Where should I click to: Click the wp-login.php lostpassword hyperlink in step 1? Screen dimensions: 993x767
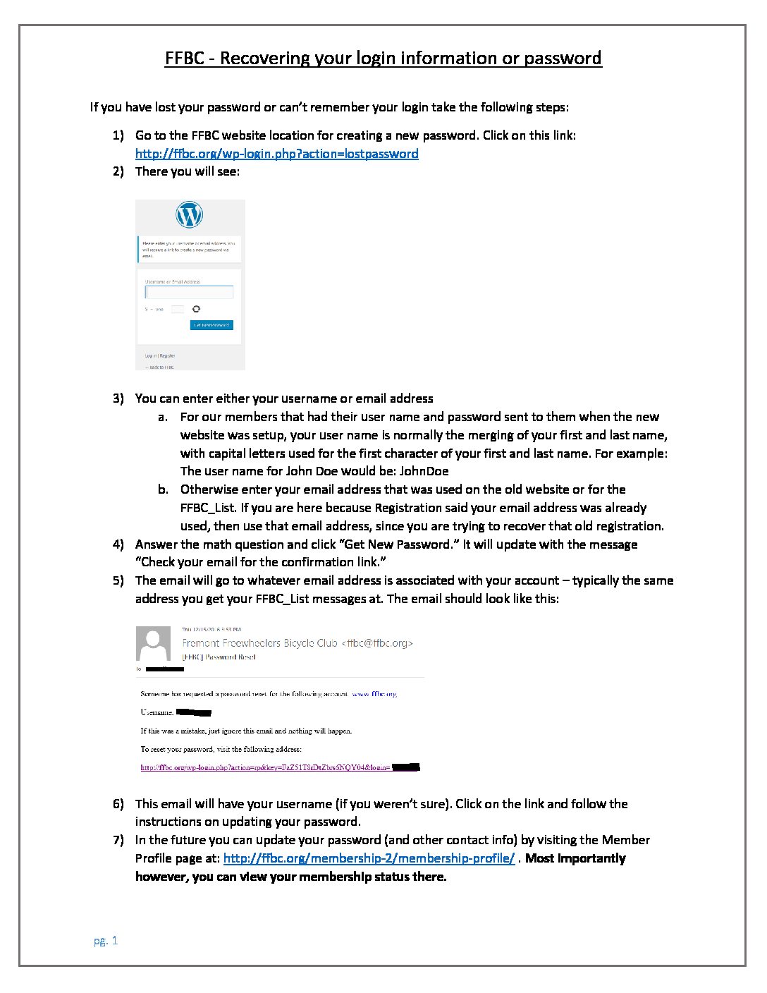coord(276,154)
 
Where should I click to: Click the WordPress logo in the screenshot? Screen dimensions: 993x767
coord(189,214)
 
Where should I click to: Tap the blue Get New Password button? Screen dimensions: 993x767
coord(211,325)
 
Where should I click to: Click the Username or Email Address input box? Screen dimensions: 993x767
coord(189,292)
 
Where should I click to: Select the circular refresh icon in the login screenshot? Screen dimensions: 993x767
coord(196,309)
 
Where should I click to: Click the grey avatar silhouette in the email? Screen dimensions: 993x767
coord(153,643)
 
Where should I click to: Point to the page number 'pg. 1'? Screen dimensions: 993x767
coord(106,941)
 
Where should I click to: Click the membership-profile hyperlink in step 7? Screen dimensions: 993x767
coord(369,858)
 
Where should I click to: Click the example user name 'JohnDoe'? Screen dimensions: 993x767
coord(424,471)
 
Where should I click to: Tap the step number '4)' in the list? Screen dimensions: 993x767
coord(118,544)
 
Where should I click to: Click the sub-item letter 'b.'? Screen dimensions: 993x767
coord(164,489)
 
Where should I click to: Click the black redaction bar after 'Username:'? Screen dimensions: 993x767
coord(194,712)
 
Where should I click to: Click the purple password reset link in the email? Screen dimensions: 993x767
coord(265,767)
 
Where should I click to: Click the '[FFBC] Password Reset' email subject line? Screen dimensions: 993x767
coord(219,657)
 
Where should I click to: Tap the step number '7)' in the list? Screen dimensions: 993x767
coord(118,840)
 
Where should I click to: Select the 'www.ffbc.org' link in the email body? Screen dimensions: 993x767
coord(374,694)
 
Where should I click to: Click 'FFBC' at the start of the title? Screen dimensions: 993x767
coord(185,58)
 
